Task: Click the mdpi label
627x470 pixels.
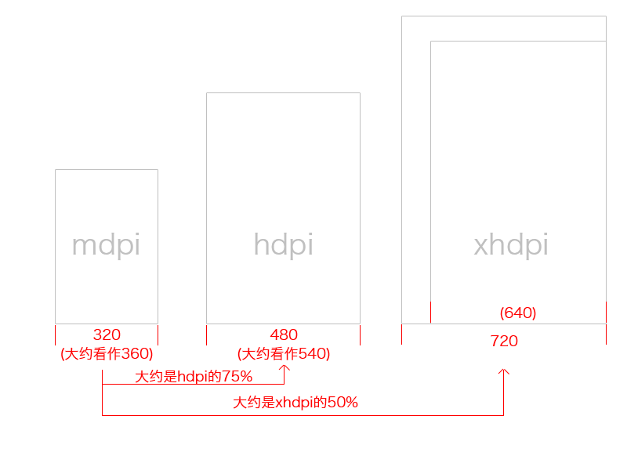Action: click(x=106, y=245)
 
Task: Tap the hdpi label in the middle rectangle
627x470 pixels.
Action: click(x=283, y=245)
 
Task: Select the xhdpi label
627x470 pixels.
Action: click(x=511, y=245)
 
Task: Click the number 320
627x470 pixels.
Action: click(x=107, y=334)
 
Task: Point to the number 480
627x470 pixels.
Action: click(x=284, y=334)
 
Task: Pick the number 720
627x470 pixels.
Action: click(x=504, y=341)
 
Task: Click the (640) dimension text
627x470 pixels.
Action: click(x=518, y=313)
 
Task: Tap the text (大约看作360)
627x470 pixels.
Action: click(x=107, y=353)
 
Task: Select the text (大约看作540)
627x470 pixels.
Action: click(x=284, y=353)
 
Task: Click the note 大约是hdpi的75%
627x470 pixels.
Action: click(x=194, y=377)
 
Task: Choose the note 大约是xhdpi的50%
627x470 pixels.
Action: click(x=295, y=403)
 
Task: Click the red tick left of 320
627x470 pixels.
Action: click(x=56, y=334)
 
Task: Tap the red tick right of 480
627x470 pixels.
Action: click(x=360, y=334)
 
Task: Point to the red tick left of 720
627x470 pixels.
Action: click(x=402, y=334)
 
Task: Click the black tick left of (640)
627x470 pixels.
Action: click(x=430, y=312)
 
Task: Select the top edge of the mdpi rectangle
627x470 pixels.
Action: click(x=107, y=169)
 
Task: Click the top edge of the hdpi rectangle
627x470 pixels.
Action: click(x=283, y=92)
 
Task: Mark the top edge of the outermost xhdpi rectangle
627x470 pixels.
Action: click(x=504, y=16)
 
